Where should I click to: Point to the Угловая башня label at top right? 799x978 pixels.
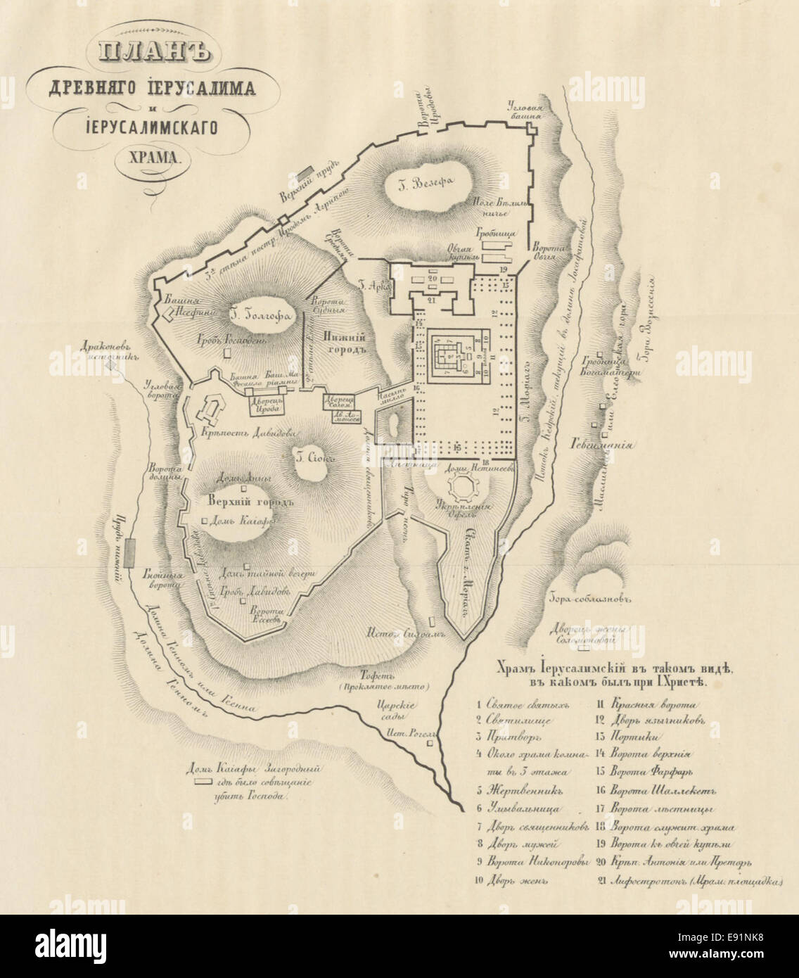click(526, 110)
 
